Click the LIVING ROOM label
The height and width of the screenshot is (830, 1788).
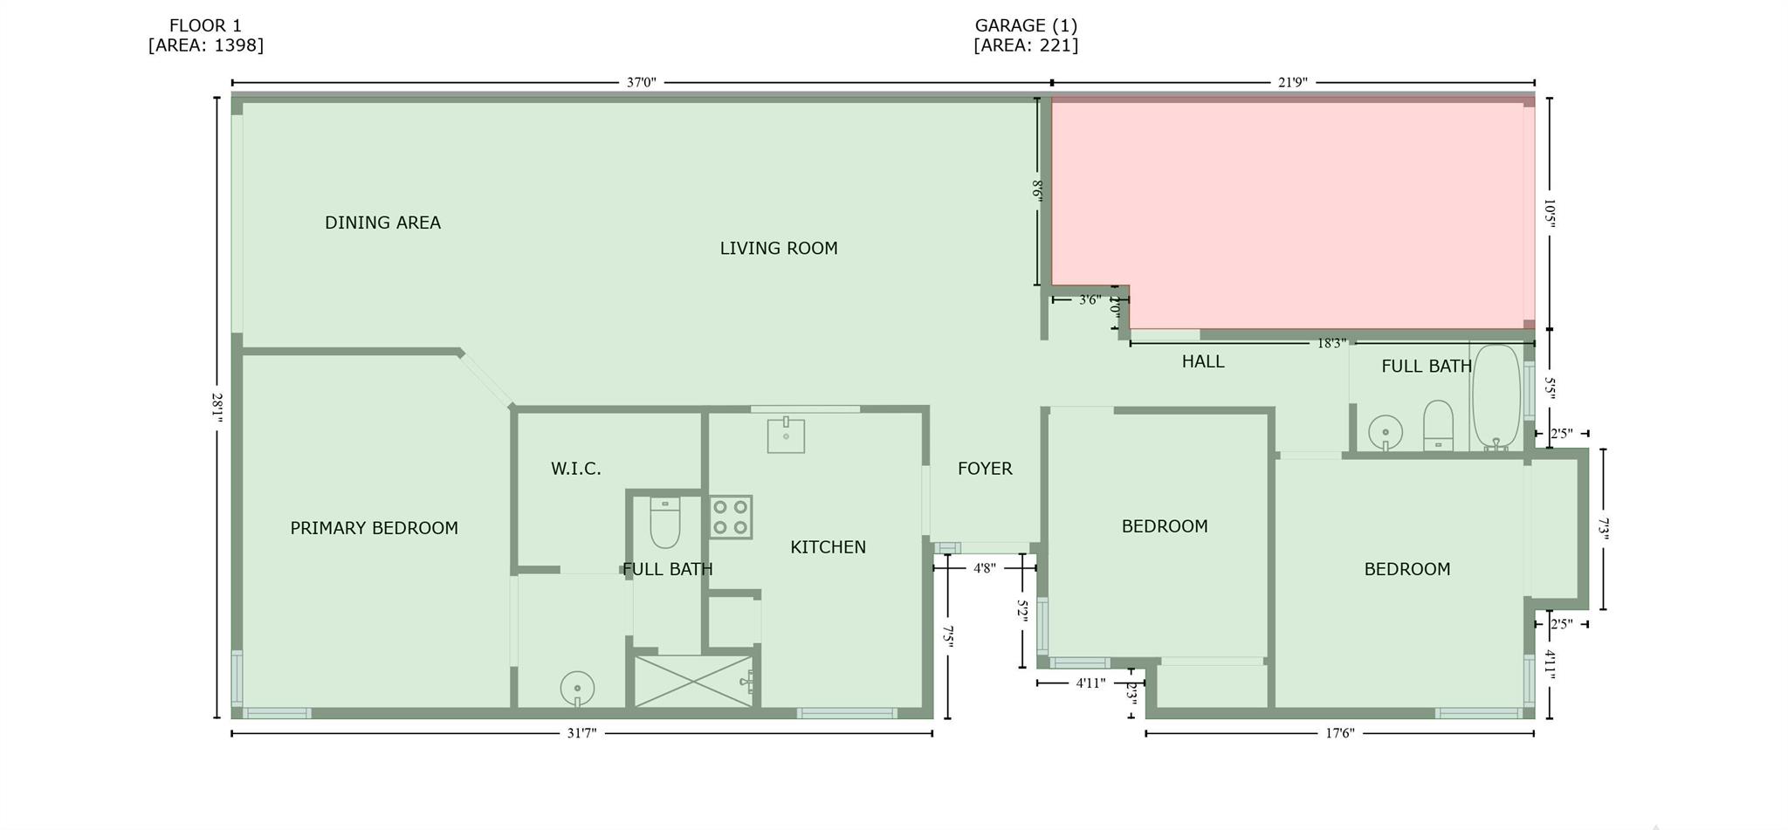(x=779, y=249)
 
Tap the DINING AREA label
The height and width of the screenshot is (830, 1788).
(x=382, y=223)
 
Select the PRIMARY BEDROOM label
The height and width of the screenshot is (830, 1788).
(x=374, y=528)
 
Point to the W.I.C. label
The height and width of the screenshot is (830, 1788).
(x=576, y=469)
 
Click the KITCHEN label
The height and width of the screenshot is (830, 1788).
(x=828, y=547)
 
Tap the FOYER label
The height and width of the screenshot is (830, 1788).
(x=985, y=469)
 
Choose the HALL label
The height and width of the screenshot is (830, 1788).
(x=1203, y=361)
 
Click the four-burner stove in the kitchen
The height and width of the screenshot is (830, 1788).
(x=731, y=517)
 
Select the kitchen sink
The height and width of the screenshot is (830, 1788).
(x=786, y=435)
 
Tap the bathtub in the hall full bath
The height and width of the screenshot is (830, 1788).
(x=1496, y=397)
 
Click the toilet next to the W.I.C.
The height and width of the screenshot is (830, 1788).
(x=665, y=521)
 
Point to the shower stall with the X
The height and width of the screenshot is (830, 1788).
(x=693, y=681)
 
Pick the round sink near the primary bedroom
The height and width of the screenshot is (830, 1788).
(x=577, y=689)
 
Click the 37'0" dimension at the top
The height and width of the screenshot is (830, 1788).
(x=641, y=83)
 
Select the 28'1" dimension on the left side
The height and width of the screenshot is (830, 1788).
(x=217, y=408)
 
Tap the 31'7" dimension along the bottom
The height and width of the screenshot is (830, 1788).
(x=581, y=733)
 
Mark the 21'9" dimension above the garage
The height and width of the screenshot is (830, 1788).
(x=1293, y=83)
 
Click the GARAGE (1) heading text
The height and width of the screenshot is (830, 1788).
(x=1026, y=26)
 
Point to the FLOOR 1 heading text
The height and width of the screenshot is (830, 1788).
(x=205, y=26)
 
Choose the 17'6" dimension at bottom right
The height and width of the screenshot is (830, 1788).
(x=1339, y=733)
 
